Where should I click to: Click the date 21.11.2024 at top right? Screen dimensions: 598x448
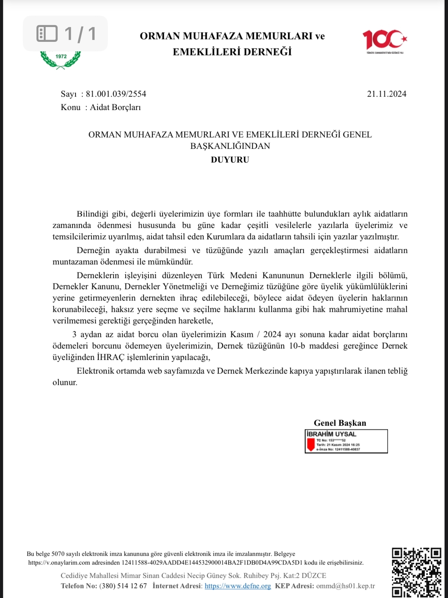coord(386,94)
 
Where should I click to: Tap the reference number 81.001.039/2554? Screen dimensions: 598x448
coord(116,94)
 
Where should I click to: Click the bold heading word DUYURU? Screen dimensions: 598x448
coord(230,160)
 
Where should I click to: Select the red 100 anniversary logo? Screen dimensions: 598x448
coord(384,40)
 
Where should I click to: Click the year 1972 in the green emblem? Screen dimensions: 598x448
coord(61,56)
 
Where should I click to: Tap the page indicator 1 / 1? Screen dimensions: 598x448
coord(80,33)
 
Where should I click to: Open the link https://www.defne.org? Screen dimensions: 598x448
coord(237,586)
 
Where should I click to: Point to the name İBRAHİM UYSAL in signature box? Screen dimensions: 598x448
coord(331,434)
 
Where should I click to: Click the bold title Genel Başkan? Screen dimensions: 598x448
coord(340,423)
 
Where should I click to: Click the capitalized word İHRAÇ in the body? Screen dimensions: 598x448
coord(110,357)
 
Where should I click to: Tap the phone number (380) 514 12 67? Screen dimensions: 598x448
coord(123,586)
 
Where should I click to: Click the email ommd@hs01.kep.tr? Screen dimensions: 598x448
coord(345,586)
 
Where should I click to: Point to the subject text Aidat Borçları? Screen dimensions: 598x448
coord(115,107)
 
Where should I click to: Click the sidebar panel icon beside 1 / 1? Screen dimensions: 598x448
coord(47,33)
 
